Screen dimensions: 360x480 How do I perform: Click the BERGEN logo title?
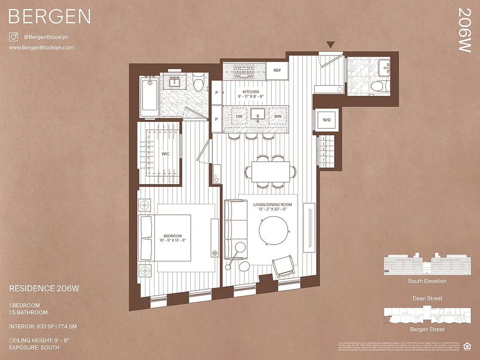coord(50,17)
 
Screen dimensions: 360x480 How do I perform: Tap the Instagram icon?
coord(14,37)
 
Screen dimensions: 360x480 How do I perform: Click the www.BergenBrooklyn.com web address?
coord(41,48)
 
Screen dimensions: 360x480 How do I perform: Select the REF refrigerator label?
coord(277,71)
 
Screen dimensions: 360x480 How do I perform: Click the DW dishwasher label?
coord(239,117)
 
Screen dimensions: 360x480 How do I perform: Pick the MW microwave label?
coord(278,117)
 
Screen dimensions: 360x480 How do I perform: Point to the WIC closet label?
coord(166,154)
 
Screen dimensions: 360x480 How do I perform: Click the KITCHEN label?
coord(251,92)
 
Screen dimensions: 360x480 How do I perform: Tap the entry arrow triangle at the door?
coord(331,45)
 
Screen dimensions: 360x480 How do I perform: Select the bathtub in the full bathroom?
coord(149,95)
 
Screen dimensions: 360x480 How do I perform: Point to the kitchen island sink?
coord(258,115)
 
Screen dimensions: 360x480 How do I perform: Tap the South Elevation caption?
coord(427,281)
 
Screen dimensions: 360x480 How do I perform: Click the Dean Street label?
coord(427,298)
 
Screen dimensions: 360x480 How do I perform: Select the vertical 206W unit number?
coord(464,30)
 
